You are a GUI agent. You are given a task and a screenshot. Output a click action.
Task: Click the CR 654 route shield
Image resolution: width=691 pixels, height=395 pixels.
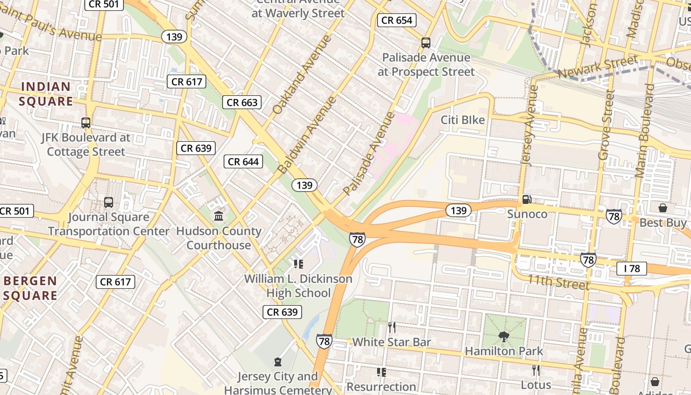coord(397,20)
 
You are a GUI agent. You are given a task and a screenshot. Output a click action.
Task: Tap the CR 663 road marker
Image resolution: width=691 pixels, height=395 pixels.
coord(242,102)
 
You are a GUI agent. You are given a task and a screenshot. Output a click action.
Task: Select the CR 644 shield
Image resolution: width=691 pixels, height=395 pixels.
coord(243,161)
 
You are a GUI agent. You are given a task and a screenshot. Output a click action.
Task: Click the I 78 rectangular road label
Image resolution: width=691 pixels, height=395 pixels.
coord(631,269)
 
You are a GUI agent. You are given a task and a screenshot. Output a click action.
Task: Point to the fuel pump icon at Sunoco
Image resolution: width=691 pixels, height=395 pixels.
coord(527,199)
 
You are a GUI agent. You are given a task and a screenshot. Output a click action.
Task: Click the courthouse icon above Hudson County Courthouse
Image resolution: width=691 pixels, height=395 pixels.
coord(219,216)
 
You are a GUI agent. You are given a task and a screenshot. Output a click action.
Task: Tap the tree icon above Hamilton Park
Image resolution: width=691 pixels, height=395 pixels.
coord(503,337)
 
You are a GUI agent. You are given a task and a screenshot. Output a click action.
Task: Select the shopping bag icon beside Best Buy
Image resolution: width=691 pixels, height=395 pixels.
coord(663,208)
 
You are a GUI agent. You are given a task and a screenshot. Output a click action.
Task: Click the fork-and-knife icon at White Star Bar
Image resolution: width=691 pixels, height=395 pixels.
coord(391,327)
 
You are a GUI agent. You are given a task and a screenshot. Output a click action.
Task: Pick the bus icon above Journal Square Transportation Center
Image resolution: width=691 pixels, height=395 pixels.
coord(109,202)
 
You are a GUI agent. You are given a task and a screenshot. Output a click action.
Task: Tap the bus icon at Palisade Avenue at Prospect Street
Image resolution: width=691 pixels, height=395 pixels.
coord(426,43)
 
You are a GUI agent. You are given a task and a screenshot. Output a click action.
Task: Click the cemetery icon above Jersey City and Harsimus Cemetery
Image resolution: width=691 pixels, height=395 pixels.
coord(278,362)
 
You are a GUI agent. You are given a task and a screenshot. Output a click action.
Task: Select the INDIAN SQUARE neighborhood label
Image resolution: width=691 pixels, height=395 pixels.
coord(46,94)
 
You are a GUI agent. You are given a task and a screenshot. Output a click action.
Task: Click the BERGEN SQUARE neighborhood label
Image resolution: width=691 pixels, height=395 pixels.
coord(31,288)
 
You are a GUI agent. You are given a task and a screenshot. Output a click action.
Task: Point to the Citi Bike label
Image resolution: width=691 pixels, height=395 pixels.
coord(462,120)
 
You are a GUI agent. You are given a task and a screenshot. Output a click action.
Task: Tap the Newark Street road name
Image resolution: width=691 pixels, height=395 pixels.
coord(597,67)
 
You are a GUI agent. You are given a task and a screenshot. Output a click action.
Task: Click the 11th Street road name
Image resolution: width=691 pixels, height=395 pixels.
coord(558,282)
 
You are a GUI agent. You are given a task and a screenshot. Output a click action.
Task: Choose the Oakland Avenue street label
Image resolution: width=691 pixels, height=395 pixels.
coord(300,75)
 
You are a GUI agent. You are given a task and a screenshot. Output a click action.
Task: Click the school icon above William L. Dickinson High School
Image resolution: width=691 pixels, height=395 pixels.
coord(298,264)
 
